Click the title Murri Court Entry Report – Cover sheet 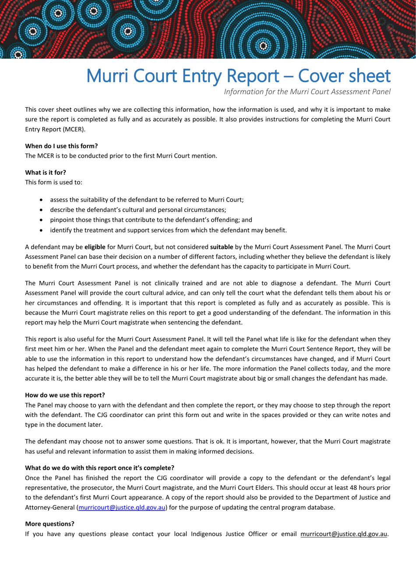(238, 76)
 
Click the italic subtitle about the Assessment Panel (307, 92)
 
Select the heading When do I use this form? (61, 146)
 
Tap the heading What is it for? (46, 172)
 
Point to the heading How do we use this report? (65, 395)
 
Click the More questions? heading (49, 524)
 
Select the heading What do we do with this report (99, 468)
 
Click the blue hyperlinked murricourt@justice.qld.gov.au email (122, 507)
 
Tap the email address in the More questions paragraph (344, 534)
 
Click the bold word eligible (95, 247)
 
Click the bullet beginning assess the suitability (147, 199)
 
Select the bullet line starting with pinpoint (151, 220)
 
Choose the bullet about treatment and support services (168, 230)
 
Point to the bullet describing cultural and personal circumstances (138, 209)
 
